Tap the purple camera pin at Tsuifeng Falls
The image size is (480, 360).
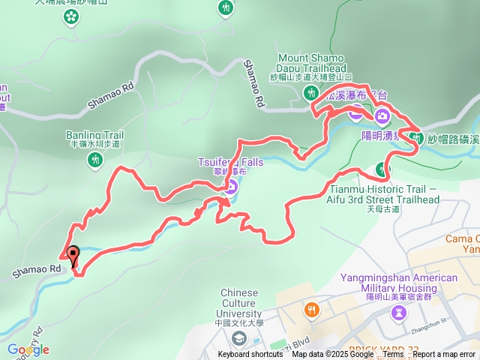click(x=232, y=187)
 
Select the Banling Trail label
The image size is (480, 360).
click(x=94, y=136)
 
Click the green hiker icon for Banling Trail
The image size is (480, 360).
click(x=94, y=159)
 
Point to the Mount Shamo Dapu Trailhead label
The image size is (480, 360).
click(x=311, y=63)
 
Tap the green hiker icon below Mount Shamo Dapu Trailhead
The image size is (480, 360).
click(x=311, y=93)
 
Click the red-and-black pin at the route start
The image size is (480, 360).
click(x=73, y=255)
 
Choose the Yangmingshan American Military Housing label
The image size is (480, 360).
click(x=398, y=283)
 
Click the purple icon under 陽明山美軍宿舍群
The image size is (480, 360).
click(x=398, y=310)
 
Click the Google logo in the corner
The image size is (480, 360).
click(x=28, y=349)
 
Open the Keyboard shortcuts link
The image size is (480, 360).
click(x=250, y=355)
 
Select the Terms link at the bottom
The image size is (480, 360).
click(x=394, y=355)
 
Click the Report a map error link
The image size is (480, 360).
click(x=444, y=355)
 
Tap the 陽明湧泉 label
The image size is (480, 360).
click(x=382, y=136)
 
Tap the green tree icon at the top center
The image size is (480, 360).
click(x=226, y=8)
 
